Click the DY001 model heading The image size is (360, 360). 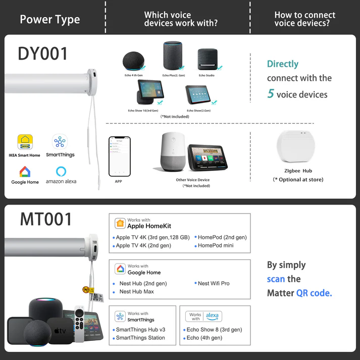pyautogui.click(x=43, y=53)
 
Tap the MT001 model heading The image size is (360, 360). pyautogui.click(x=46, y=219)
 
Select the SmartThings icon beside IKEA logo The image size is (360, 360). pyautogui.click(x=60, y=141)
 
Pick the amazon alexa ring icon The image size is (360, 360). pyautogui.click(x=61, y=171)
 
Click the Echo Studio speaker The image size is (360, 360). pyautogui.click(x=206, y=60)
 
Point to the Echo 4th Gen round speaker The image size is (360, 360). pyautogui.click(x=133, y=61)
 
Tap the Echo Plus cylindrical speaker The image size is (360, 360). pyautogui.click(x=172, y=55)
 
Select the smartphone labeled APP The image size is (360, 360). pyautogui.click(x=118, y=156)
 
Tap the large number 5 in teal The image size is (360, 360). pyautogui.click(x=271, y=94)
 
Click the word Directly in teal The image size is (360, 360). pyautogui.click(x=283, y=64)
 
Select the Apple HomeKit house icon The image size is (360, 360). pyautogui.click(x=120, y=223)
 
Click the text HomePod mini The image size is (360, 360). pyautogui.click(x=216, y=246)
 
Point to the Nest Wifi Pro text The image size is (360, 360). pyautogui.click(x=214, y=283)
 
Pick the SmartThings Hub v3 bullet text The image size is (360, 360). pyautogui.click(x=140, y=330)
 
